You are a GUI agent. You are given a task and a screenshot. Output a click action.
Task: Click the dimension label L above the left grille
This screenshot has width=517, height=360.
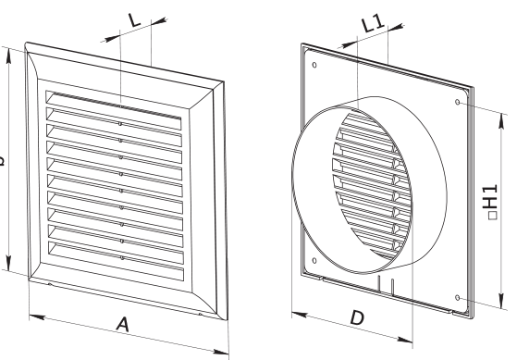[134, 20]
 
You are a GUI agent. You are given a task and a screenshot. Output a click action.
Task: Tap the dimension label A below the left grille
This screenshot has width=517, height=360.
[121, 323]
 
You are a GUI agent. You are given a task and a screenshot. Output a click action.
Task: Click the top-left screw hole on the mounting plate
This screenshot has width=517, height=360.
[314, 66]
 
